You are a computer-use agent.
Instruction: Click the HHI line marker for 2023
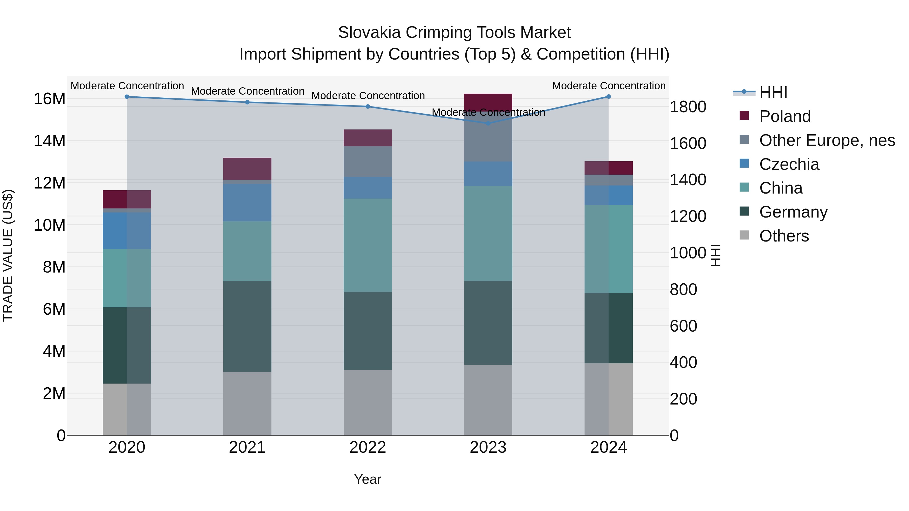488,123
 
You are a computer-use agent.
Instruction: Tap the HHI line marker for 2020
127,97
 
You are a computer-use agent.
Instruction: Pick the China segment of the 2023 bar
488,233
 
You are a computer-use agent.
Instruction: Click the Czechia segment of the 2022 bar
368,187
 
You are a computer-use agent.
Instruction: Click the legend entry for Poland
785,116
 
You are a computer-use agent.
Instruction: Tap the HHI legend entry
773,92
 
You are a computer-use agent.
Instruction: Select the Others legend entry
784,236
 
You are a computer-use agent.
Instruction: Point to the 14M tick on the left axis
49,141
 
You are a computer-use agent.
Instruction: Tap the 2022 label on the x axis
368,447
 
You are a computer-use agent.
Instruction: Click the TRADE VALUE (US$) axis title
8,255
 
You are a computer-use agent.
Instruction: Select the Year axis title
368,479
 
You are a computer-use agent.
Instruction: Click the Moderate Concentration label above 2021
248,91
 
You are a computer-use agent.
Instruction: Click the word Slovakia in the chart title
369,33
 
